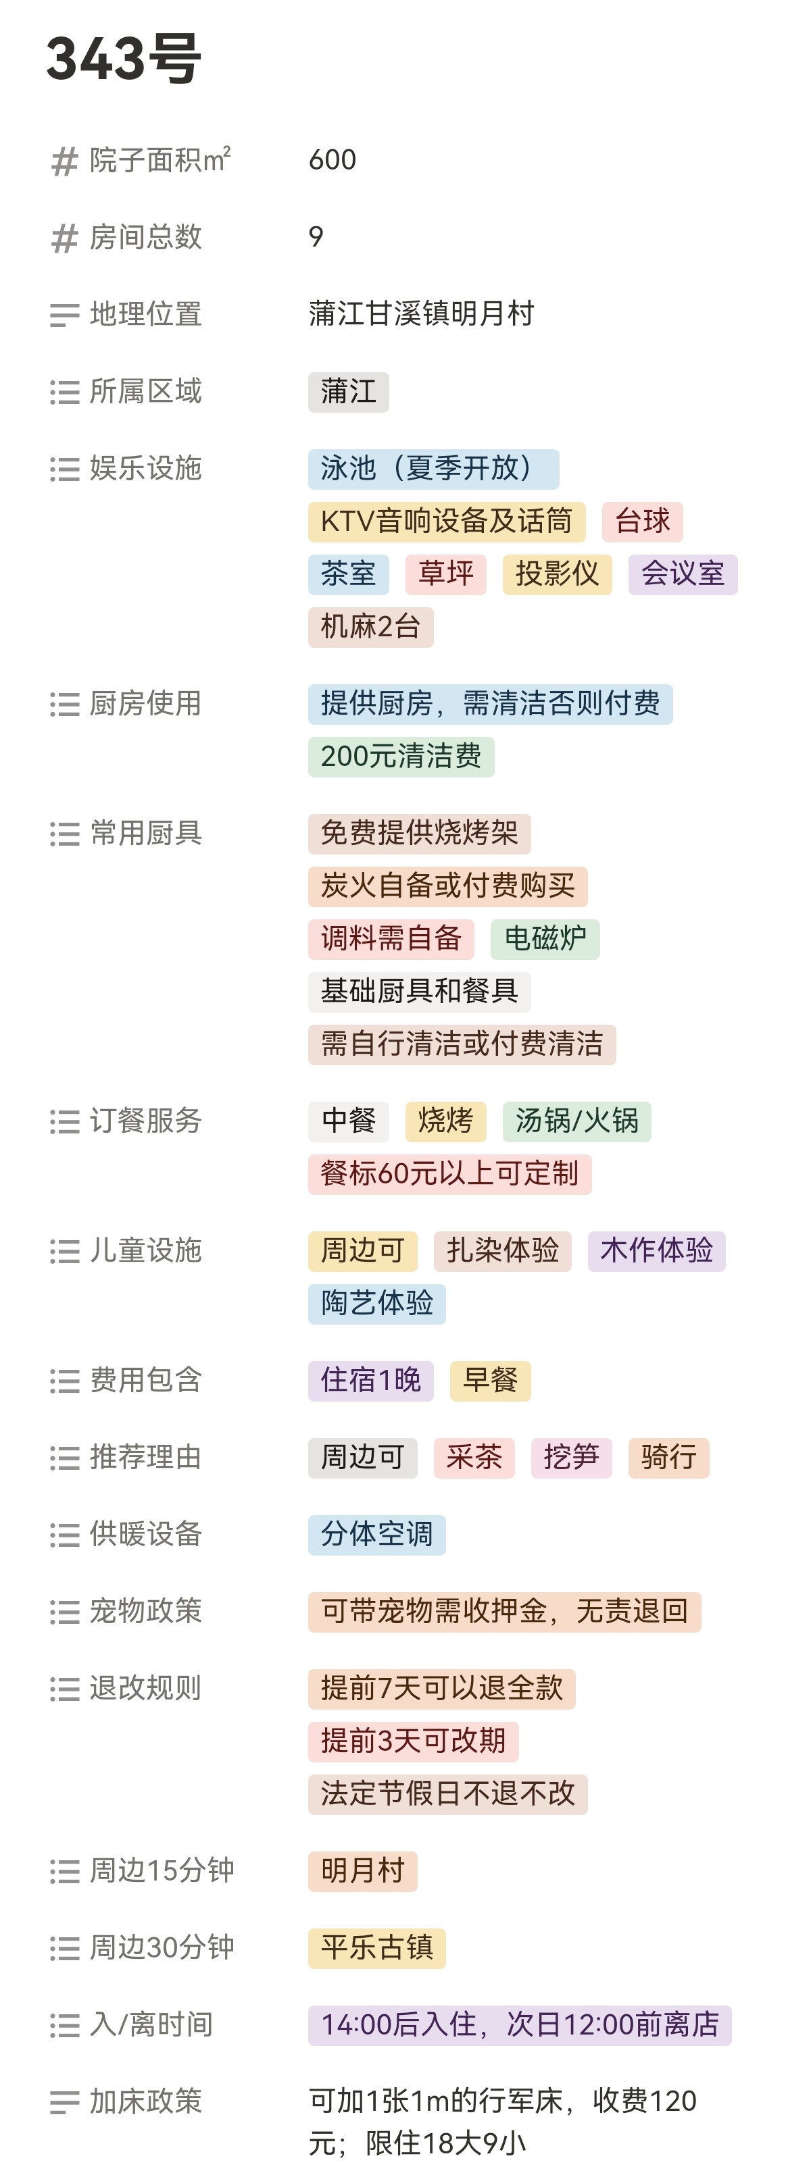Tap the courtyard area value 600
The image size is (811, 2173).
click(x=333, y=159)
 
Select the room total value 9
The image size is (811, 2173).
click(x=316, y=237)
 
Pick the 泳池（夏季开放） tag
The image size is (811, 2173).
click(x=433, y=469)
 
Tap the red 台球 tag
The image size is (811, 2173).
click(x=641, y=521)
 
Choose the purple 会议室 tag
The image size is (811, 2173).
click(x=682, y=574)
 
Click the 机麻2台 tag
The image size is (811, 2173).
click(x=370, y=627)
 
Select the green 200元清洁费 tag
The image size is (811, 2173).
click(x=401, y=757)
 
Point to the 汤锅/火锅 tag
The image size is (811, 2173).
click(x=576, y=1121)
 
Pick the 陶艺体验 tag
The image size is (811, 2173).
click(x=376, y=1303)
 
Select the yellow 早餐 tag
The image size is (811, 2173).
click(x=489, y=1381)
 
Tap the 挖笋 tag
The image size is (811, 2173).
click(x=570, y=1458)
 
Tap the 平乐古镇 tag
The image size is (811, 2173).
click(x=376, y=1949)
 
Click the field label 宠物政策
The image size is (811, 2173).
click(x=145, y=1611)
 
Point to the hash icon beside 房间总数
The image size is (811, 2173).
click(x=64, y=238)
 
